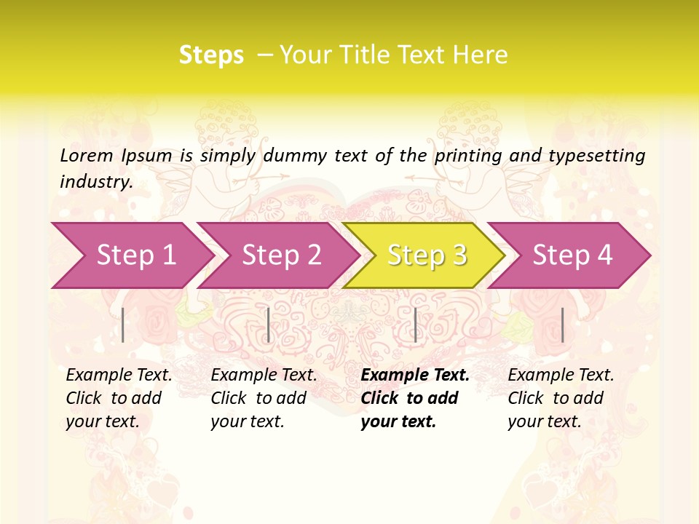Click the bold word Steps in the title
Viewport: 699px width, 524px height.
click(x=211, y=55)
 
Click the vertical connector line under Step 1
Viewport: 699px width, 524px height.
click(x=123, y=325)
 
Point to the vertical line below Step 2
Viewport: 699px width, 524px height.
click(x=269, y=325)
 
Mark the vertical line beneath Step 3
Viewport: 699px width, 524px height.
click(x=415, y=325)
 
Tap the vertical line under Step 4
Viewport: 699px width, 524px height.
click(x=562, y=325)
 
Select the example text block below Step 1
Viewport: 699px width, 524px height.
click(x=119, y=398)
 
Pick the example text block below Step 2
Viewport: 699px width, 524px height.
click(x=264, y=398)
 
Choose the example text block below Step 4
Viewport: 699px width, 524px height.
click(x=561, y=398)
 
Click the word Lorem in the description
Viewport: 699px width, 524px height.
click(x=87, y=155)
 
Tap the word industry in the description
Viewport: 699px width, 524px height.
click(x=96, y=181)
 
